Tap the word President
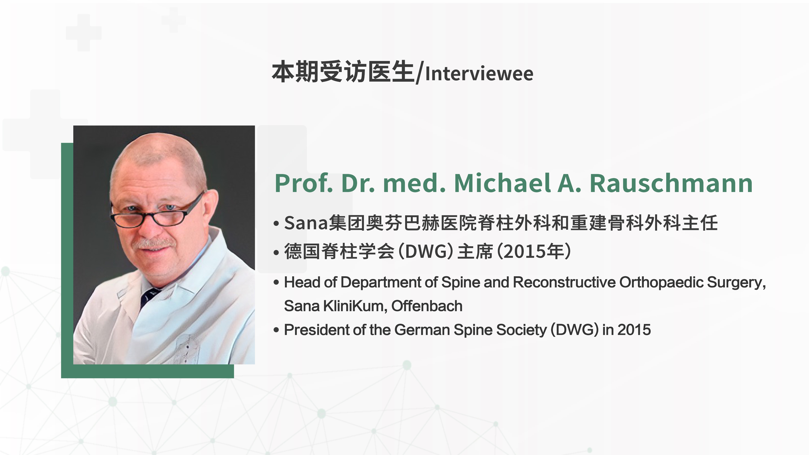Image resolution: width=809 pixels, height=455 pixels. (x=317, y=330)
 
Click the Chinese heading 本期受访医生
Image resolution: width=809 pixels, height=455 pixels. (x=343, y=72)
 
